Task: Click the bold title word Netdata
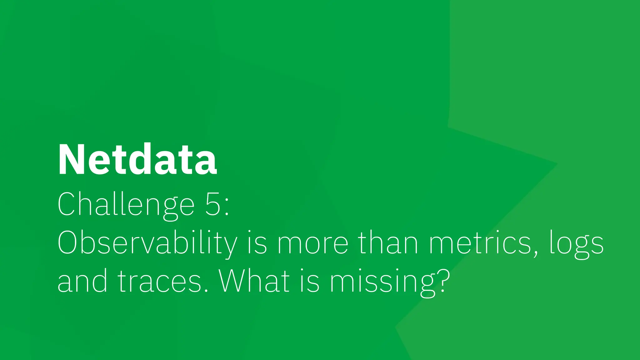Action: click(x=137, y=160)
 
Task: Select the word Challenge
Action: click(x=126, y=204)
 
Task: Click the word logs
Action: click(x=577, y=244)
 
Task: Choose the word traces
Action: click(x=159, y=281)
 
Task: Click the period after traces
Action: click(x=206, y=290)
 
